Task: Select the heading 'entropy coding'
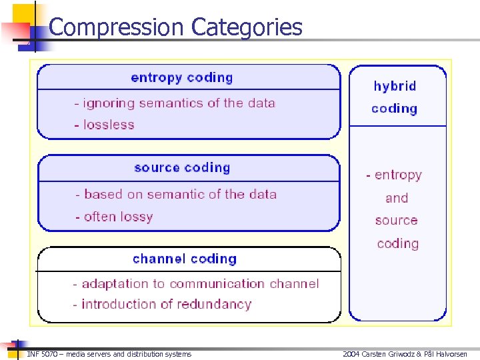[x=182, y=77]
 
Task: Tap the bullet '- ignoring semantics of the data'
[x=174, y=103]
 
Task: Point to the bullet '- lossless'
[x=104, y=125]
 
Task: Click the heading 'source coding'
[x=182, y=168]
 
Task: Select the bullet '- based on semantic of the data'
[x=175, y=195]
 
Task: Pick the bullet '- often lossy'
[x=114, y=217]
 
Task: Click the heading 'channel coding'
[x=185, y=259]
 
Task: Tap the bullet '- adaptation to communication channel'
[x=196, y=284]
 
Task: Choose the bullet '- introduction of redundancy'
[x=162, y=305]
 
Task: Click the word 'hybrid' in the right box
[x=395, y=86]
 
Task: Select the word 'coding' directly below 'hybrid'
[x=395, y=109]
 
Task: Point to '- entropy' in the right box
[x=394, y=175]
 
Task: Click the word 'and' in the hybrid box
[x=397, y=198]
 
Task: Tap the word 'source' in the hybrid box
[x=396, y=221]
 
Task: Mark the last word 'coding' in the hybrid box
[x=397, y=243]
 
